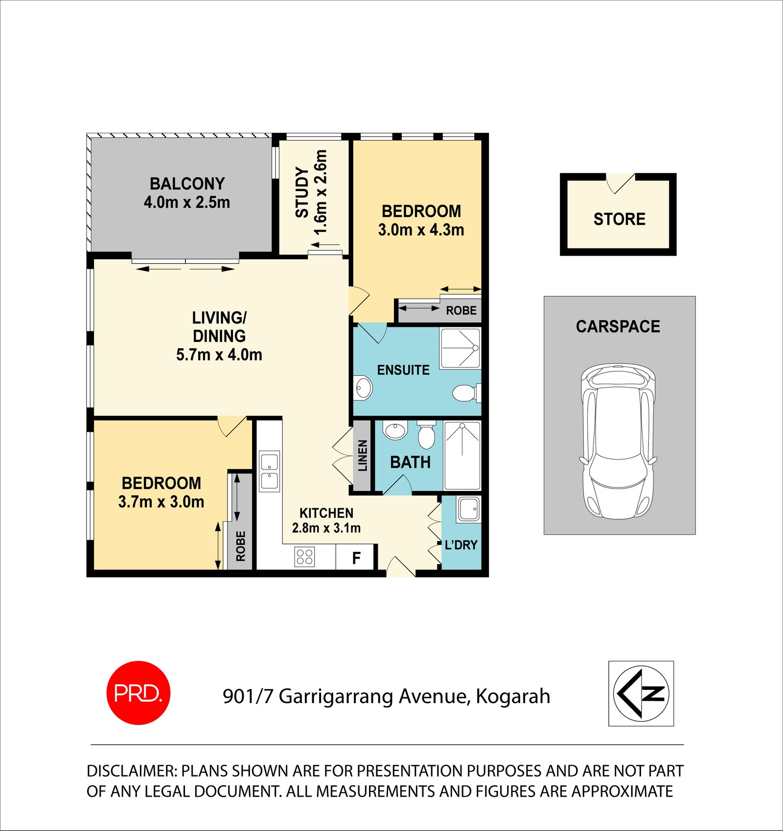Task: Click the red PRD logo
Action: point(138,693)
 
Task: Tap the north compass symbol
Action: point(641,693)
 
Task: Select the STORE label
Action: point(620,219)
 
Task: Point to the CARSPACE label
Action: point(618,326)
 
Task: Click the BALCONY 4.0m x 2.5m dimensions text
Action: point(187,202)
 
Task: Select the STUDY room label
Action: point(302,192)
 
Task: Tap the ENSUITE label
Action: point(403,370)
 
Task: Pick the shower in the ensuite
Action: point(460,348)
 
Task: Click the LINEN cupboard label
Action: point(363,456)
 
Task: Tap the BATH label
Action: point(410,462)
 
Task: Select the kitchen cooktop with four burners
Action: point(304,557)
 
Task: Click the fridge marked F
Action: point(356,558)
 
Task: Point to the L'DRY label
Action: point(461,545)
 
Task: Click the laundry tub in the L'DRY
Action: point(469,509)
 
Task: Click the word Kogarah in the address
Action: point(513,696)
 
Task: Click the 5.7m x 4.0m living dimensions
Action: point(219,355)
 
